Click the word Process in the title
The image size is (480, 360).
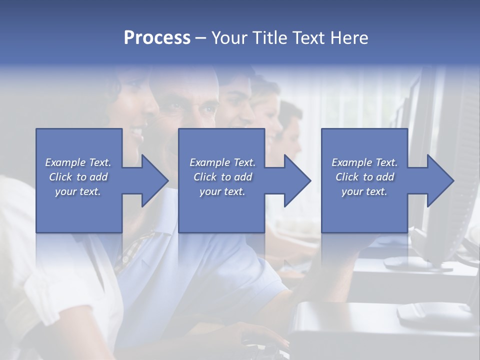[x=157, y=38]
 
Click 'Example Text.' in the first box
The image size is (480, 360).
[x=78, y=162]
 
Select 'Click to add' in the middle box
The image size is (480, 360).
[x=222, y=177]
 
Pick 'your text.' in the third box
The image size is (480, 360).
[x=364, y=191]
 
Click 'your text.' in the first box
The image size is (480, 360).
[x=78, y=191]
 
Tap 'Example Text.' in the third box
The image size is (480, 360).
[x=364, y=162]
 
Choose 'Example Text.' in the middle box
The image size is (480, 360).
[x=222, y=162]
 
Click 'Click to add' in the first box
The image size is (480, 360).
[x=78, y=177]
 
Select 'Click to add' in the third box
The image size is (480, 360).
[x=364, y=177]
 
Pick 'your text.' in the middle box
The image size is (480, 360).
[x=222, y=191]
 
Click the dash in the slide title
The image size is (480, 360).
[x=200, y=39]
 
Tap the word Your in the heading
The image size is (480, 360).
[x=230, y=38]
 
